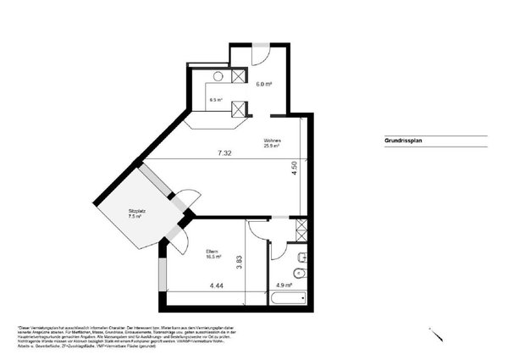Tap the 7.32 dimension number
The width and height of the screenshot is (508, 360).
[x=225, y=153]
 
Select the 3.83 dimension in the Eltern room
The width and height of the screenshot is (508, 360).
[x=240, y=263]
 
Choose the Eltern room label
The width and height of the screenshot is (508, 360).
[x=213, y=252]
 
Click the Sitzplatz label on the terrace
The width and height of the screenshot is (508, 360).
[x=134, y=213]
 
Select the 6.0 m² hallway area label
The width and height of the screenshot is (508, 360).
[x=264, y=84]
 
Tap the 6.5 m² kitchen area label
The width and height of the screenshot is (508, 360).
[x=216, y=100]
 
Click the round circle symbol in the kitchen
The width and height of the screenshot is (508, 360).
[x=217, y=77]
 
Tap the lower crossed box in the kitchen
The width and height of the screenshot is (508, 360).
[x=240, y=107]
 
